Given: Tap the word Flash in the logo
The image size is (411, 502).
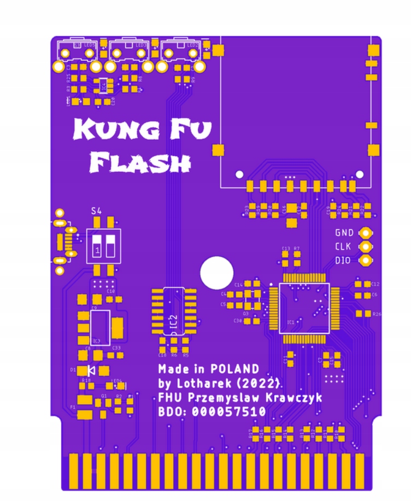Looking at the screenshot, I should click(x=140, y=162).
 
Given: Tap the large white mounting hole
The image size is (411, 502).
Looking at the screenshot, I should click(x=216, y=273).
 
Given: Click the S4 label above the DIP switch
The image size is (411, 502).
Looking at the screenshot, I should click(x=96, y=211).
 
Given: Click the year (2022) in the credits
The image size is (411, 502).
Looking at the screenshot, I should click(x=261, y=382).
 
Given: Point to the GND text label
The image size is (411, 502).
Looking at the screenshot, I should click(x=344, y=232).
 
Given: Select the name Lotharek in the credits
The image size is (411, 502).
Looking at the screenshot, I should click(x=197, y=382).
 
